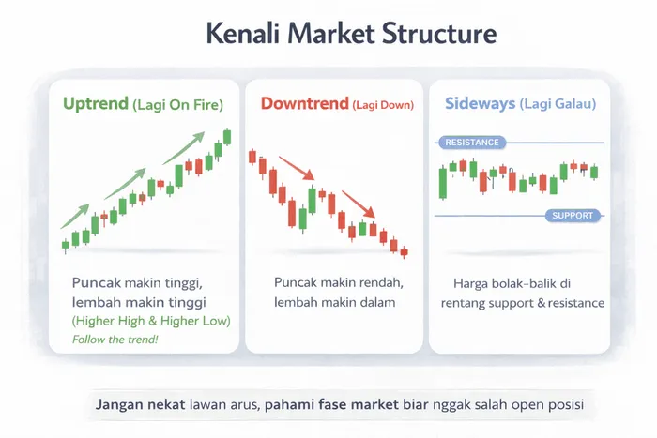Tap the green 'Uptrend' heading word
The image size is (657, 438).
[96, 104]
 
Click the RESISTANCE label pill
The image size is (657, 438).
[471, 143]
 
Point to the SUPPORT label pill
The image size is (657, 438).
[573, 216]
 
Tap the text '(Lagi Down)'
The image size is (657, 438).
[382, 105]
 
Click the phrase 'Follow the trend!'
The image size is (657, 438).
[114, 339]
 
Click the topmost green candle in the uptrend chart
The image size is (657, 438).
[227, 137]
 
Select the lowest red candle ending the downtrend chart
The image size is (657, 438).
[404, 251]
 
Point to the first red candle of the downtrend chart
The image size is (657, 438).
[252, 158]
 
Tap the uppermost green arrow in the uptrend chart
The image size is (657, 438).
[188, 144]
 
